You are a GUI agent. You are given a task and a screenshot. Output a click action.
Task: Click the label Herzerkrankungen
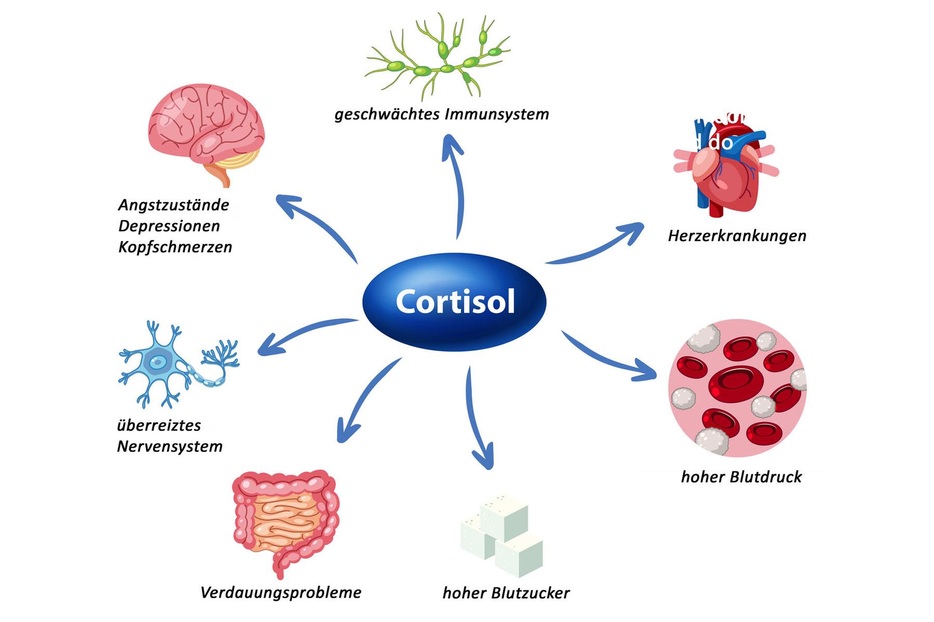737,236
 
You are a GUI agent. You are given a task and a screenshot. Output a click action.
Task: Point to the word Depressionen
169,226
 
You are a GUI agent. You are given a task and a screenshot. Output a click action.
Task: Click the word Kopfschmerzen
175,247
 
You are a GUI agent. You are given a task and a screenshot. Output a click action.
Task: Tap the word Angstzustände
173,205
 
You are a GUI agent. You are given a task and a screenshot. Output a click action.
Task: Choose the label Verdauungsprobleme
281,593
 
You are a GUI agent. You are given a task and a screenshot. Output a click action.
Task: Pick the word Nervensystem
170,447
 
